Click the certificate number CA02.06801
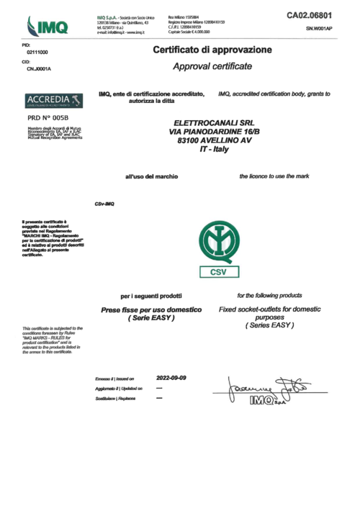309,14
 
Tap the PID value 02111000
37,53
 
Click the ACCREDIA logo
50,99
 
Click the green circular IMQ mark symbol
217,247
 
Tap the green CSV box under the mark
217,273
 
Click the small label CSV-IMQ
104,203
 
